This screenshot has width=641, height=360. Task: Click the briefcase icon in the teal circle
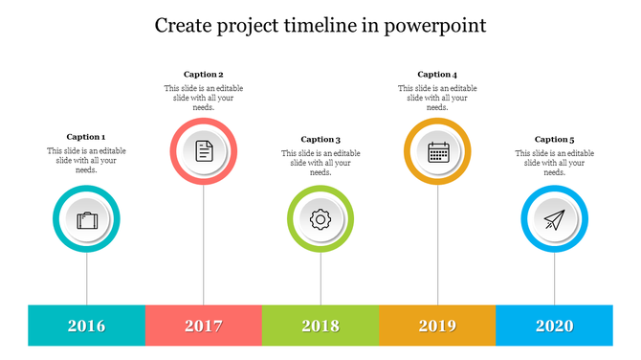pyautogui.click(x=87, y=220)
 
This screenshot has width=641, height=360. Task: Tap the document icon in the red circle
pyautogui.click(x=204, y=151)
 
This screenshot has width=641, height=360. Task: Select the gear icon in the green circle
pyautogui.click(x=320, y=219)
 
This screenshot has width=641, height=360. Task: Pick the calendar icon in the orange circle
pyautogui.click(x=438, y=151)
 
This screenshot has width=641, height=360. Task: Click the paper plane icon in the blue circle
pyautogui.click(x=555, y=220)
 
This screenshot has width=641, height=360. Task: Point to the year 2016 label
pyautogui.click(x=87, y=326)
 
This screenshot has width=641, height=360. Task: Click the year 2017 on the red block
pyautogui.click(x=204, y=326)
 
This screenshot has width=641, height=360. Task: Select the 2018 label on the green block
pyautogui.click(x=320, y=326)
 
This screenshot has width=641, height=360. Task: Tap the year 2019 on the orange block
pyautogui.click(x=438, y=326)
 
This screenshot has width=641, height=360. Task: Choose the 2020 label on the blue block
pyautogui.click(x=555, y=326)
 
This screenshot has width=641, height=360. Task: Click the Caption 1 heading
pyautogui.click(x=86, y=137)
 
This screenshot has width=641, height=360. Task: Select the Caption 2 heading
pyautogui.click(x=204, y=74)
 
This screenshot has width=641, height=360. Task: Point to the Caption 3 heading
pyautogui.click(x=320, y=139)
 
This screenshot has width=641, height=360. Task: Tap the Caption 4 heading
pyautogui.click(x=437, y=74)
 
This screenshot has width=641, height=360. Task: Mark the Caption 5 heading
pyautogui.click(x=555, y=139)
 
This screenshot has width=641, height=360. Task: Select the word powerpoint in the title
pyautogui.click(x=436, y=26)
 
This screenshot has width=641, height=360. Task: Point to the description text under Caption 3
pyautogui.click(x=320, y=163)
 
